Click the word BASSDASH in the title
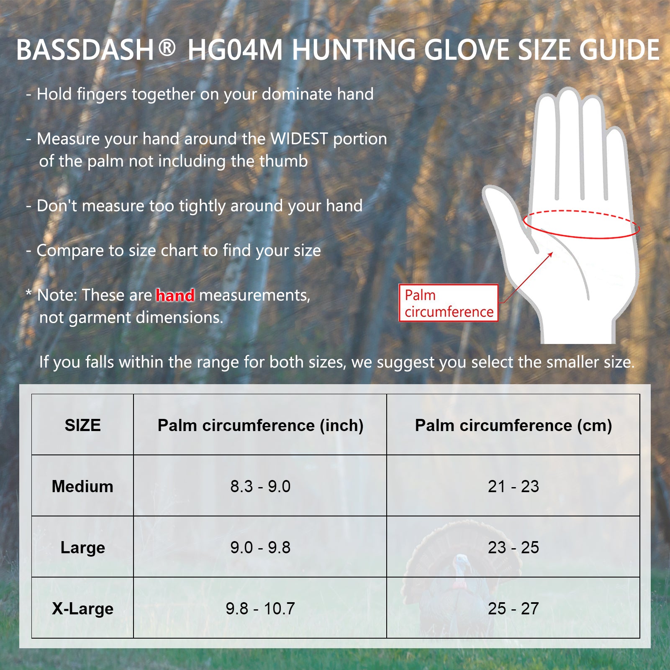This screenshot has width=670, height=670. pos(85,50)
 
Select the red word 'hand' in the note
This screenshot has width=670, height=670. pos(175,295)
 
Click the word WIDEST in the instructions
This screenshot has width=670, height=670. pos(299,139)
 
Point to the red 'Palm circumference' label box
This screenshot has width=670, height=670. pos(449,303)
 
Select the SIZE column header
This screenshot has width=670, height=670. pos(82,425)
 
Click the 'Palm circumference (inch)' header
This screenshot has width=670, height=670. pos(260,426)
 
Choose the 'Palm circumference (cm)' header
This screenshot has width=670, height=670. pos(513,426)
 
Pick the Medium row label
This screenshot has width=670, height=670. pos(82,486)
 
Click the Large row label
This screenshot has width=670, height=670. pos(82,548)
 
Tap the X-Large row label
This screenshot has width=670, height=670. pos(82,609)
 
